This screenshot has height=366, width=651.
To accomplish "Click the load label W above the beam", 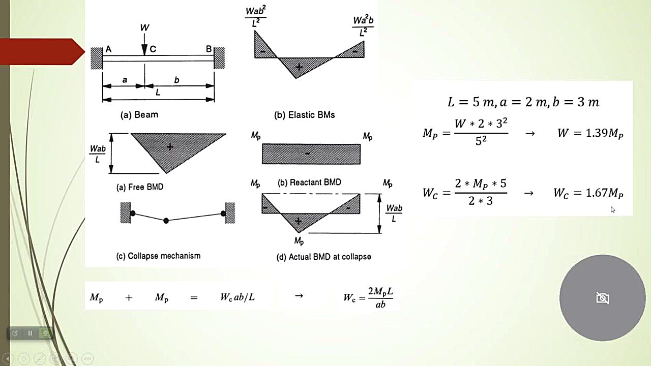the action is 144,27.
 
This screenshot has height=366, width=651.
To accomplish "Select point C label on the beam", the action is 153,49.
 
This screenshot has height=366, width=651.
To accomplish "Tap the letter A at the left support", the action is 108,49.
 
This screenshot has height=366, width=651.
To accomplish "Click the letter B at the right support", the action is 209,49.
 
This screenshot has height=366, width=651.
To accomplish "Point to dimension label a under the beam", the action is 125,79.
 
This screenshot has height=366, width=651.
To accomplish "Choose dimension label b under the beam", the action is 176,79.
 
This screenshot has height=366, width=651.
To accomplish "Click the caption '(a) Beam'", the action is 139,115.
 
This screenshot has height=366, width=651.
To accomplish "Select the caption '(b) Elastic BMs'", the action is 304,115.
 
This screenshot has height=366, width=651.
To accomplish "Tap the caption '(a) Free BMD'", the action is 140,187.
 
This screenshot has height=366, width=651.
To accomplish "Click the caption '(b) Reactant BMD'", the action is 309,182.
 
